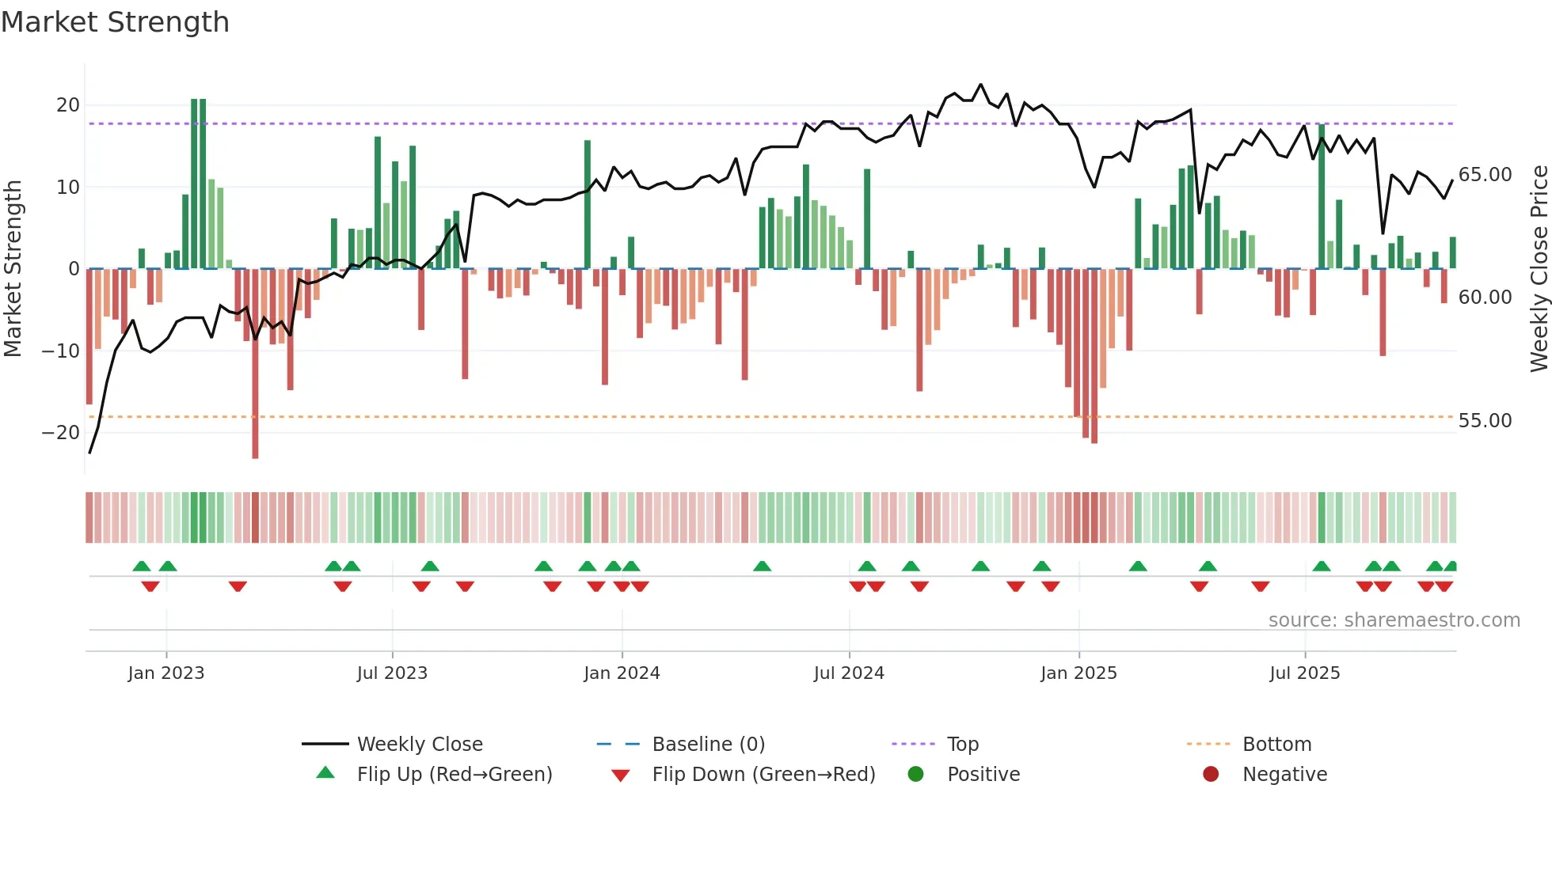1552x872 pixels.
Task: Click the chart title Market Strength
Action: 115,22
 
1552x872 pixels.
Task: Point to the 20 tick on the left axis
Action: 68,105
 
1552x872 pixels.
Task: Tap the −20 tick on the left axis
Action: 61,433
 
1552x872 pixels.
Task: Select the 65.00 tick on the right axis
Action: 1485,175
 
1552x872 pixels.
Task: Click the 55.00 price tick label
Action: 1485,421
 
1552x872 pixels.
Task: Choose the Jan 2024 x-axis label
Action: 622,673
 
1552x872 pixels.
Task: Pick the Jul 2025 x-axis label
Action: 1304,673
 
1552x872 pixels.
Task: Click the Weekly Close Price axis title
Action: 1539,269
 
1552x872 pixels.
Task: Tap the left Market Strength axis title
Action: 13,269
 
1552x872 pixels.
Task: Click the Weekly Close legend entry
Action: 419,745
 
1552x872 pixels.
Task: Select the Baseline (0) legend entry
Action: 708,745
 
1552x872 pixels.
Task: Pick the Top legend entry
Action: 963,745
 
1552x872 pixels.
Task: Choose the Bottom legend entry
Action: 1276,745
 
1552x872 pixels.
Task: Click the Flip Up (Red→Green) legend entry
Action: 454,775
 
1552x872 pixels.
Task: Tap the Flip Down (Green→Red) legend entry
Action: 763,775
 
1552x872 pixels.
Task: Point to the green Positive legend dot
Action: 915,775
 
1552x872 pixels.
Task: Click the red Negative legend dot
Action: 1211,775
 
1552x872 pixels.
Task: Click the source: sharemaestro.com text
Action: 1394,620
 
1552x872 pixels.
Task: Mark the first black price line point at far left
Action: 90,453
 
